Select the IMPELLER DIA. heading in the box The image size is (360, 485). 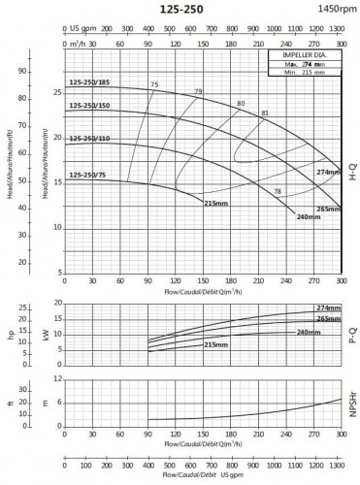[305, 56]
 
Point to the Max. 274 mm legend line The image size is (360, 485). [305, 65]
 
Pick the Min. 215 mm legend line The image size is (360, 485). [305, 74]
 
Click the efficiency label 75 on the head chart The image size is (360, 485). [153, 86]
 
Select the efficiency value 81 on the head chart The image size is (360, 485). [264, 113]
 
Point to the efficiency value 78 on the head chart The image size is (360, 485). [278, 191]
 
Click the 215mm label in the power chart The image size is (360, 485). [218, 344]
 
